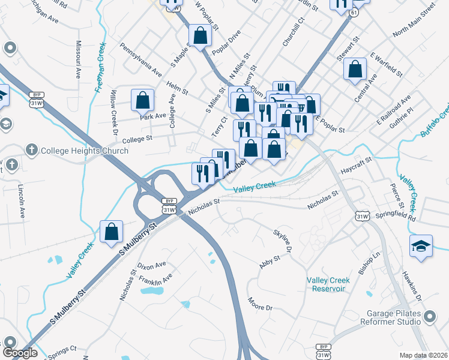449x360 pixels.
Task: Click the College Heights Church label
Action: point(84,151)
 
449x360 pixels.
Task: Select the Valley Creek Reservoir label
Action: point(326,284)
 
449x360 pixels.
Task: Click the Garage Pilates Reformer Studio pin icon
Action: point(430,316)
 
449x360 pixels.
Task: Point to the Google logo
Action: point(20,353)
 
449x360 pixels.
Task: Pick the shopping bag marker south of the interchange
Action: point(112,232)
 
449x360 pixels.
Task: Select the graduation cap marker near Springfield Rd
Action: point(421,246)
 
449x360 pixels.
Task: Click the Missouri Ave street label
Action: point(78,60)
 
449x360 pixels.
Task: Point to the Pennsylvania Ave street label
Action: point(141,59)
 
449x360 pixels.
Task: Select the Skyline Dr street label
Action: point(283,240)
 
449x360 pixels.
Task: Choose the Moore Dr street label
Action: point(260,304)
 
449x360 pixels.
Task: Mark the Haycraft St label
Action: point(357,166)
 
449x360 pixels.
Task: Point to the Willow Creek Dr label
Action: point(112,114)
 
